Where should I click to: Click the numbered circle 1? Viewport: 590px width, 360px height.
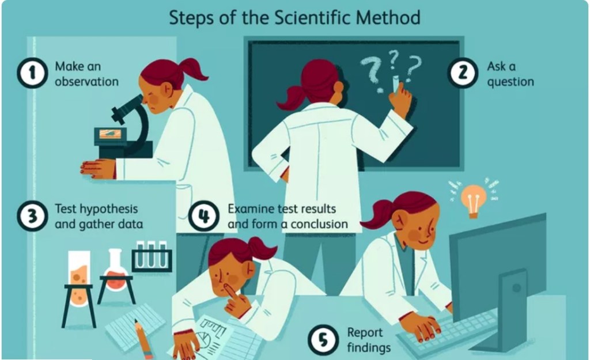click(x=32, y=73)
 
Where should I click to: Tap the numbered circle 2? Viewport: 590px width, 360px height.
click(x=463, y=73)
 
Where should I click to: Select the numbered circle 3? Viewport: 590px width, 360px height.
click(x=32, y=216)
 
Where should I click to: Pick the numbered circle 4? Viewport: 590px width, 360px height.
click(x=204, y=216)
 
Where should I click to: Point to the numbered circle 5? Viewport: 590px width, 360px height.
click(x=323, y=340)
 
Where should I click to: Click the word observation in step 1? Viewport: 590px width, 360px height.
click(x=86, y=82)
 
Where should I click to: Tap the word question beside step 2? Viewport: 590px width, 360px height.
click(x=510, y=82)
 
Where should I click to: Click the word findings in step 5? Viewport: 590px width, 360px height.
click(x=369, y=347)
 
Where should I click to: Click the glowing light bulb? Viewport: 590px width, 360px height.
click(x=474, y=200)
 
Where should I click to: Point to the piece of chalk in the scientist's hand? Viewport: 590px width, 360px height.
click(x=396, y=84)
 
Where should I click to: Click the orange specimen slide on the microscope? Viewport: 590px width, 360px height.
click(x=110, y=133)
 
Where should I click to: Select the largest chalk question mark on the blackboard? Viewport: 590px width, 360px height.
click(x=370, y=71)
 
